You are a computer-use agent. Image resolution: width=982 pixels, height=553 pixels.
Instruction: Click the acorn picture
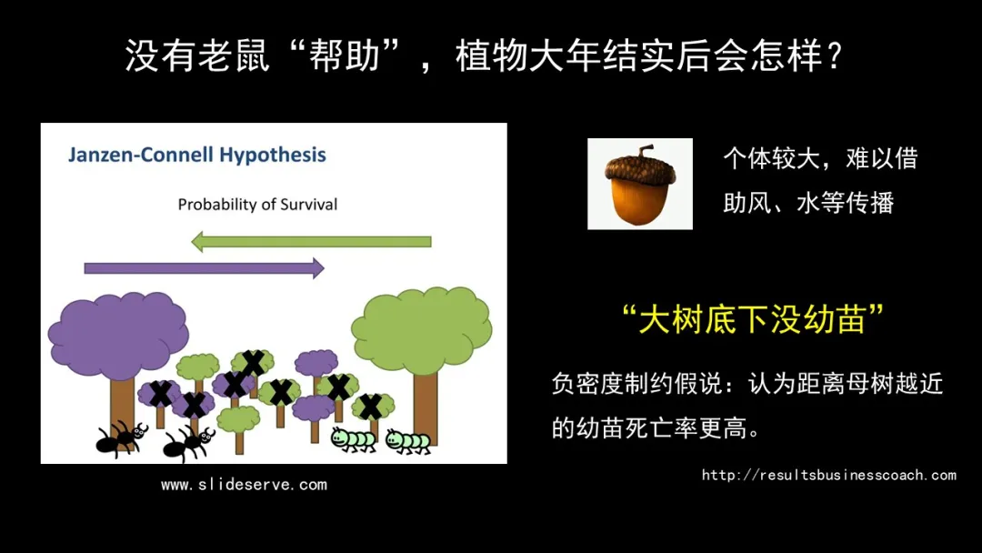[639, 184]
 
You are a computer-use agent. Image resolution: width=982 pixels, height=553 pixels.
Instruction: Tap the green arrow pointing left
[311, 242]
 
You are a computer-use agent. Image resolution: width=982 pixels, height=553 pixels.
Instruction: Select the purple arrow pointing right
[205, 268]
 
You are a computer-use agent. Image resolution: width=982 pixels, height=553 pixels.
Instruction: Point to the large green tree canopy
[422, 330]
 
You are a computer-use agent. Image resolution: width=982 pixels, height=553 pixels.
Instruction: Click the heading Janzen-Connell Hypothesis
[196, 155]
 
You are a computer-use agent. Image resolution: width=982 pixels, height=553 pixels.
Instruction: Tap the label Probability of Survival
[257, 204]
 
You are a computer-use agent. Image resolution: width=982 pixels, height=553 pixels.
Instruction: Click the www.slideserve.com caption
[244, 484]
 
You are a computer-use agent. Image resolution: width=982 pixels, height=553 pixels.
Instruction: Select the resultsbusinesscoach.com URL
[828, 475]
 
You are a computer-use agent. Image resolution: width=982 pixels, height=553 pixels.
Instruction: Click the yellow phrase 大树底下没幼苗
[752, 319]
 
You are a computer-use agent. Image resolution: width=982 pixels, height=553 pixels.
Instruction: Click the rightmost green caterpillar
[408, 440]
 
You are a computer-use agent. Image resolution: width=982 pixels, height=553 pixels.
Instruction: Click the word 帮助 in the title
[346, 55]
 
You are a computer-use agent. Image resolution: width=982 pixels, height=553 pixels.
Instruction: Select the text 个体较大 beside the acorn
[772, 158]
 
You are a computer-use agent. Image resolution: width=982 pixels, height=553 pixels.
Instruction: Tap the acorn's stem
[644, 150]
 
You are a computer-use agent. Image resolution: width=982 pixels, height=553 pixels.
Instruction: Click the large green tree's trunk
[426, 408]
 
